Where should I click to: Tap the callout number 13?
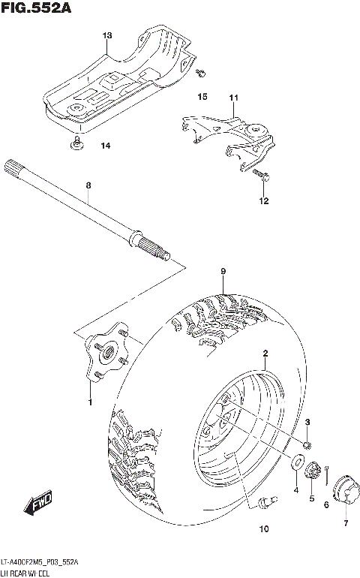[106, 36]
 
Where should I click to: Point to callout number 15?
[202, 98]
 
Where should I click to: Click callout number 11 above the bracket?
[233, 98]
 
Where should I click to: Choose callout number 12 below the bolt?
[263, 201]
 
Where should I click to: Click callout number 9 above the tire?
[223, 271]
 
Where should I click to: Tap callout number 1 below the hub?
[90, 402]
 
